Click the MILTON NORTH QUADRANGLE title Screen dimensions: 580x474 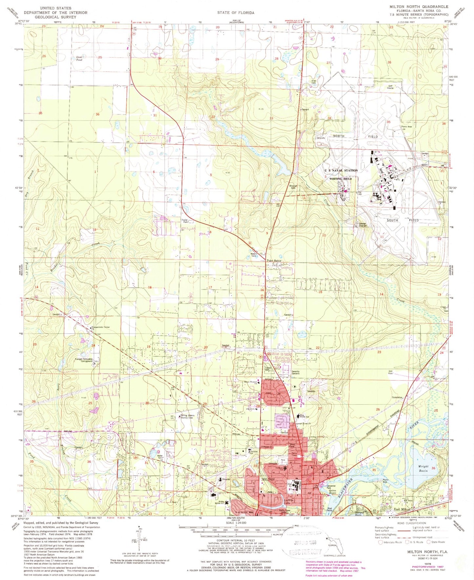tap(419, 7)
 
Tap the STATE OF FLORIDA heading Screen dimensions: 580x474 tap(236, 12)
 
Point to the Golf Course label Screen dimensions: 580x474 tap(390, 87)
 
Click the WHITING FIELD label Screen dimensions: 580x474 tap(340, 179)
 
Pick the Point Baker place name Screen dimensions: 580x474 tap(274, 261)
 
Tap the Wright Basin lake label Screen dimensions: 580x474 tap(423, 468)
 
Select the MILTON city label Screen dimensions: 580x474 tap(268, 479)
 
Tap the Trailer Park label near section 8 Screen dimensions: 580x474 tap(184, 221)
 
